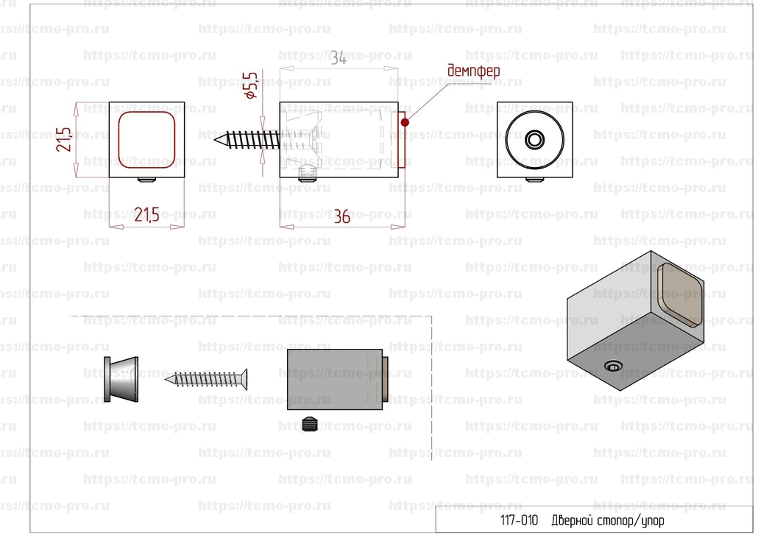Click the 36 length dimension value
[341, 216]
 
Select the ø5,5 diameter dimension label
[250, 85]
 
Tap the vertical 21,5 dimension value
[64, 139]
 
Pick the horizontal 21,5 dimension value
[146, 215]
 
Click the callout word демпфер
[473, 71]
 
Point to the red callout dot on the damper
[405, 121]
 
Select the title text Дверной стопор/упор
[607, 521]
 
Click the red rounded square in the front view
[146, 140]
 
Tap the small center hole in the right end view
[535, 139]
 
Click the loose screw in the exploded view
[206, 378]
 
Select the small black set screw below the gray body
[311, 425]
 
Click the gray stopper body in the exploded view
[335, 379]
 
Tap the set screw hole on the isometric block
[612, 366]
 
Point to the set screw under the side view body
[307, 174]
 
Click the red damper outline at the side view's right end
[402, 140]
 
